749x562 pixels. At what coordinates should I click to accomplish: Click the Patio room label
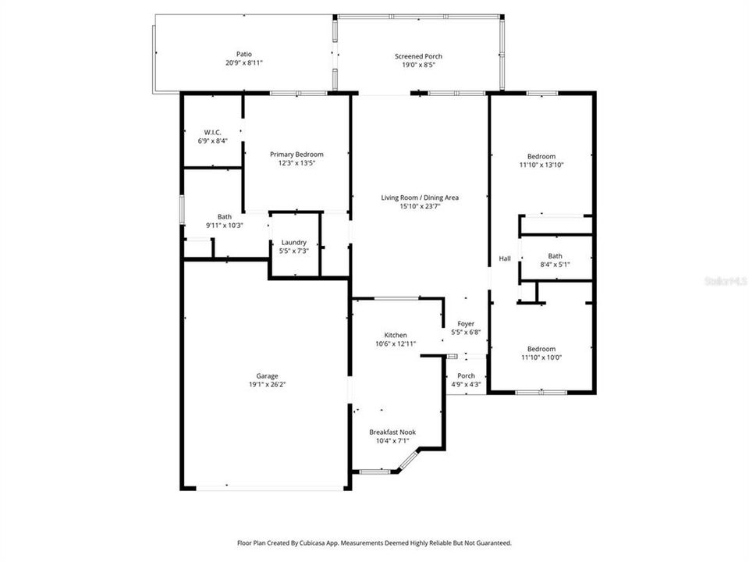244,55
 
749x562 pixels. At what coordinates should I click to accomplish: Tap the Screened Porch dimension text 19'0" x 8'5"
418,65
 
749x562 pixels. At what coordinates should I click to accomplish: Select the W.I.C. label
212,133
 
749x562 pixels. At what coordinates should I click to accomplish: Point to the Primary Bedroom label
296,155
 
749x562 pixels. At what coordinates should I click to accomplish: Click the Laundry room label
294,242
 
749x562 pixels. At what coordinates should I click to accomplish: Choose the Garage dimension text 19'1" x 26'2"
267,384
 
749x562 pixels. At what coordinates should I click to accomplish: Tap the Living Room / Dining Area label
420,197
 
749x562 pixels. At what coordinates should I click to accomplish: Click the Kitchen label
396,335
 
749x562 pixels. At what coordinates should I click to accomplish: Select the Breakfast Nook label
392,432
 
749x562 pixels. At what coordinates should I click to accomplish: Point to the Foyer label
466,323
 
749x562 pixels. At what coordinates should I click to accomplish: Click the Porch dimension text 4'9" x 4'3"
467,384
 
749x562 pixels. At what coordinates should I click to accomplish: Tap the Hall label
505,258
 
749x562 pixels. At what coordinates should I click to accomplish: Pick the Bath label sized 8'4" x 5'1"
555,256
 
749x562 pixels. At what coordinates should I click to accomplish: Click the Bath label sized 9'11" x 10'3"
225,216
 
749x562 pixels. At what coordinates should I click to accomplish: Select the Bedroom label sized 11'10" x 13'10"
541,156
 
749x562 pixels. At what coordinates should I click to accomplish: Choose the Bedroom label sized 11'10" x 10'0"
541,349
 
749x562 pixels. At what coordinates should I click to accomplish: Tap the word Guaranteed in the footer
495,543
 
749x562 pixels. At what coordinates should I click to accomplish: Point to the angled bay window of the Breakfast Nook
408,460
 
